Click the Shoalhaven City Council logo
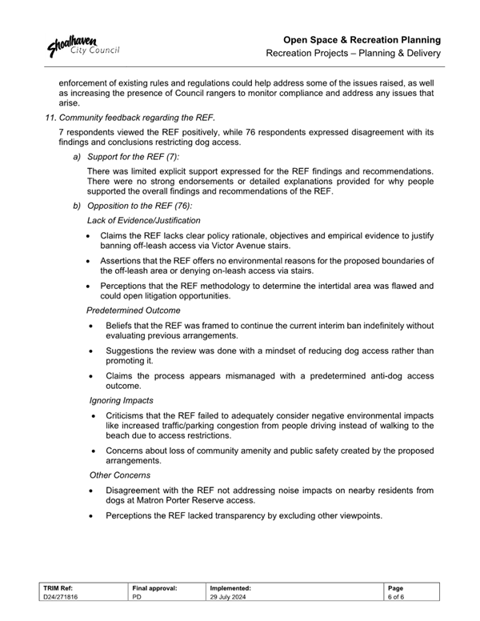83,47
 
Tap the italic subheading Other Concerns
118,475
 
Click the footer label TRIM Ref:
62,588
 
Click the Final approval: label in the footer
154,588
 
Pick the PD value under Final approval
137,598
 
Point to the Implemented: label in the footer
230,588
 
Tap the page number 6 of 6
395,598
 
